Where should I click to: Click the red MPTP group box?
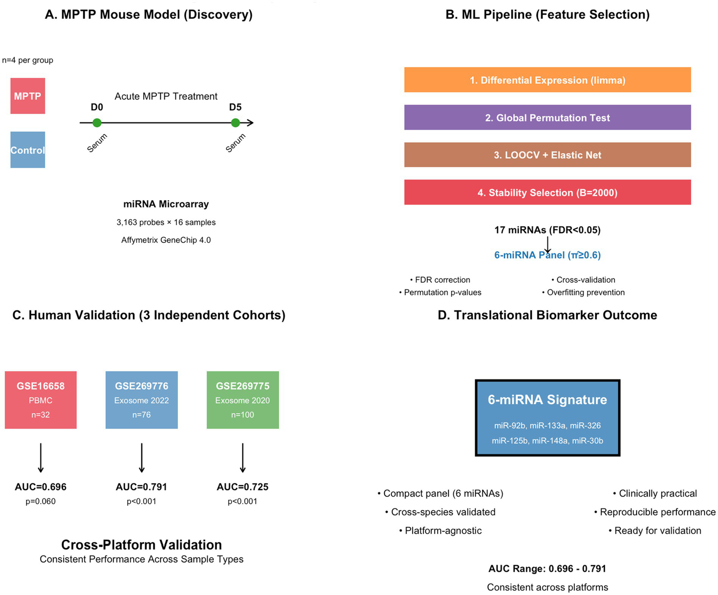point(28,96)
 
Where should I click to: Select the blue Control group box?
point(28,150)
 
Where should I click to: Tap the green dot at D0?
point(97,123)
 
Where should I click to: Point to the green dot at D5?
point(235,123)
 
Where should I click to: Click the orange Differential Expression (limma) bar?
point(547,80)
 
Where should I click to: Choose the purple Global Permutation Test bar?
point(547,118)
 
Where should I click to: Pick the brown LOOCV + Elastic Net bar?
point(547,155)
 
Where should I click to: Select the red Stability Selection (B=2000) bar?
point(547,192)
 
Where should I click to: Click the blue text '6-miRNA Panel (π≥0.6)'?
point(547,255)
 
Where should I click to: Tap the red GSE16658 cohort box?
point(41,400)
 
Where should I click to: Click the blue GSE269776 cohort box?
point(141,400)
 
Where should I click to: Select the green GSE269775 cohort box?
point(242,400)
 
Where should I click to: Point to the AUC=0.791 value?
point(141,487)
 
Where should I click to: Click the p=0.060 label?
point(41,501)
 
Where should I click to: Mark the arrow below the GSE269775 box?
point(242,458)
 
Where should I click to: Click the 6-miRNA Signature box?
point(547,418)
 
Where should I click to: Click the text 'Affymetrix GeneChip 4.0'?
point(166,240)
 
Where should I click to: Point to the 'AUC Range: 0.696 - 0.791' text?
point(547,569)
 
